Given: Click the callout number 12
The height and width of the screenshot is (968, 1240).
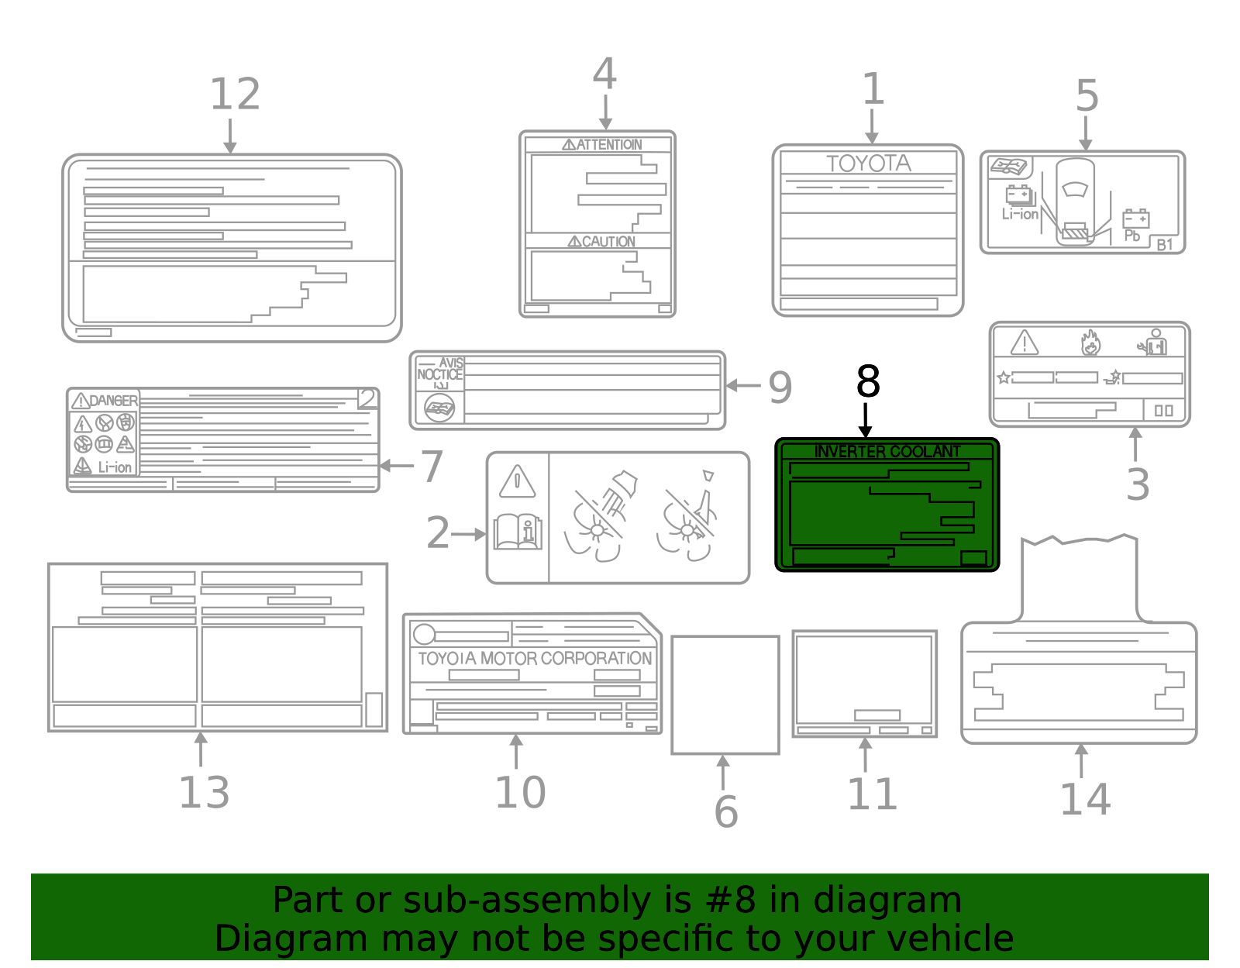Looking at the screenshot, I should click(x=235, y=95).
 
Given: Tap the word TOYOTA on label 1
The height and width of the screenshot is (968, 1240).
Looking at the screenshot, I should click(x=868, y=164).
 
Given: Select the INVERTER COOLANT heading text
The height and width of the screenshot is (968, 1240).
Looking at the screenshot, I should click(x=887, y=451).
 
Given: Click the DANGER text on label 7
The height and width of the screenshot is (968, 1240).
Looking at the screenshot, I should click(x=113, y=401).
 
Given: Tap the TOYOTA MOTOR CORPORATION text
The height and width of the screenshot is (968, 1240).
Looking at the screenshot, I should click(x=535, y=659).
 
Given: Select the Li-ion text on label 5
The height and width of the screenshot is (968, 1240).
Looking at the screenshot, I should click(x=1019, y=215).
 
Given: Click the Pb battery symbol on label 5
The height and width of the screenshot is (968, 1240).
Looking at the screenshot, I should click(x=1135, y=219).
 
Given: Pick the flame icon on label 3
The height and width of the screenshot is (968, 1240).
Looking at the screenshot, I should click(x=1090, y=343).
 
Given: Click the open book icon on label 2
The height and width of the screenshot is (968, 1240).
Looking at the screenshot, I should click(x=517, y=532).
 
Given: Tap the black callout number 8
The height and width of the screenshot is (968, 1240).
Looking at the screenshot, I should click(x=868, y=382).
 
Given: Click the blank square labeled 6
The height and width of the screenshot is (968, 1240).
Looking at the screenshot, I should click(x=725, y=694).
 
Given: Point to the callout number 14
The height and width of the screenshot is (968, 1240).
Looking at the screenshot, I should click(x=1084, y=799).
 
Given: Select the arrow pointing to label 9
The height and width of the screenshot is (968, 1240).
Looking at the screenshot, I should click(x=742, y=385).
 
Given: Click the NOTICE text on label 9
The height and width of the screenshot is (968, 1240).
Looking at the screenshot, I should click(x=439, y=374).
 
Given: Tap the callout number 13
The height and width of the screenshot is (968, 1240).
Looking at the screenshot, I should click(x=204, y=793).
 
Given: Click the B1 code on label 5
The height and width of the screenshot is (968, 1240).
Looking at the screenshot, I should click(x=1164, y=245).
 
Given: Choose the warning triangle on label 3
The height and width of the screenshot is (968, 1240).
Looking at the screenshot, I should click(x=1024, y=343).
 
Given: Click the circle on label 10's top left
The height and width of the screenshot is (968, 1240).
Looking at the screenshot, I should click(x=424, y=634).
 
